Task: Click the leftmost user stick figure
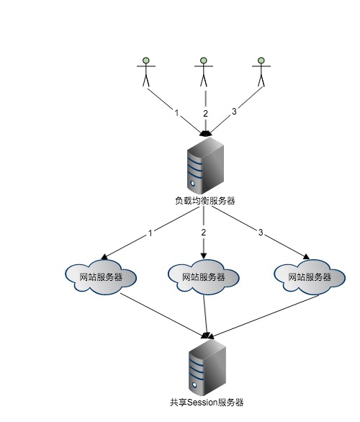coord(146,72)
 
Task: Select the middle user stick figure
coord(204,72)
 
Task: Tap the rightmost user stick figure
coord(261,72)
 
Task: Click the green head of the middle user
coord(204,60)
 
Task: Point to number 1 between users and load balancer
coord(176,113)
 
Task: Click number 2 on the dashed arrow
coord(206,114)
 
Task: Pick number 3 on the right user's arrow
coord(234,111)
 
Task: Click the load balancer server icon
coord(206,166)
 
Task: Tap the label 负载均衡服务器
coord(205,201)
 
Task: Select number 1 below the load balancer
coord(150,233)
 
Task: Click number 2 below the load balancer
coord(204,233)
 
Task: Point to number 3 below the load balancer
coord(260,233)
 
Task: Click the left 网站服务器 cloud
coord(101,277)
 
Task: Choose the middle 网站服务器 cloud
coord(204,277)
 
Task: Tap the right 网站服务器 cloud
coord(310,277)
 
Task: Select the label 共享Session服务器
coord(207,403)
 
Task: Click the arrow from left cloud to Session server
coord(163,315)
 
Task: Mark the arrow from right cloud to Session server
coord(264,316)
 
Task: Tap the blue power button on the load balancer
coord(193,184)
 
